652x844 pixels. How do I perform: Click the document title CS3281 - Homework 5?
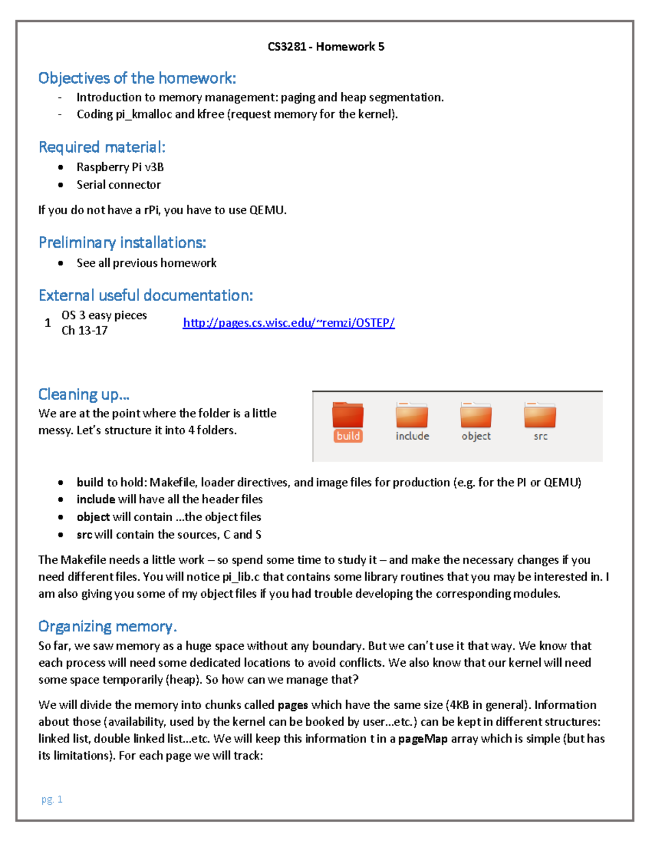[325, 47]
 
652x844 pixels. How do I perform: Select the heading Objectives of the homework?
[137, 78]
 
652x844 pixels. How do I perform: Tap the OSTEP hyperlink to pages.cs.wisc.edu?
[289, 323]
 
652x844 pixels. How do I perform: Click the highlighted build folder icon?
[348, 416]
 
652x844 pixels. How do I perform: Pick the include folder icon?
[412, 416]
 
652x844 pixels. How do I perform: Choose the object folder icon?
[476, 416]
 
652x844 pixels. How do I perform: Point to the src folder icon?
[540, 416]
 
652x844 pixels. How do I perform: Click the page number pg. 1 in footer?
[52, 799]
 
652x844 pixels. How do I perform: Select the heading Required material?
[102, 147]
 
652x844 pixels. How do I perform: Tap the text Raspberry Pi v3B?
[120, 167]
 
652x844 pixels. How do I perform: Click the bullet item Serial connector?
[118, 185]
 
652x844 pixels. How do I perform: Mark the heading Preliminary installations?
[122, 242]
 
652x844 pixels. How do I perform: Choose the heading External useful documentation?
[146, 296]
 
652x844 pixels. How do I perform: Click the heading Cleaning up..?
[84, 394]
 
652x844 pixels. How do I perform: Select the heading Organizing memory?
[108, 627]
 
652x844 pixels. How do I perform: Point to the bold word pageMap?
[423, 739]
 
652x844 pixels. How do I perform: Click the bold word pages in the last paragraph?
[293, 705]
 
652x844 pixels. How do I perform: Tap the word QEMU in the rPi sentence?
[266, 210]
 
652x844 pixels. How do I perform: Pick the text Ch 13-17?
[84, 330]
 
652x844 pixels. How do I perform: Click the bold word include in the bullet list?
[96, 499]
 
